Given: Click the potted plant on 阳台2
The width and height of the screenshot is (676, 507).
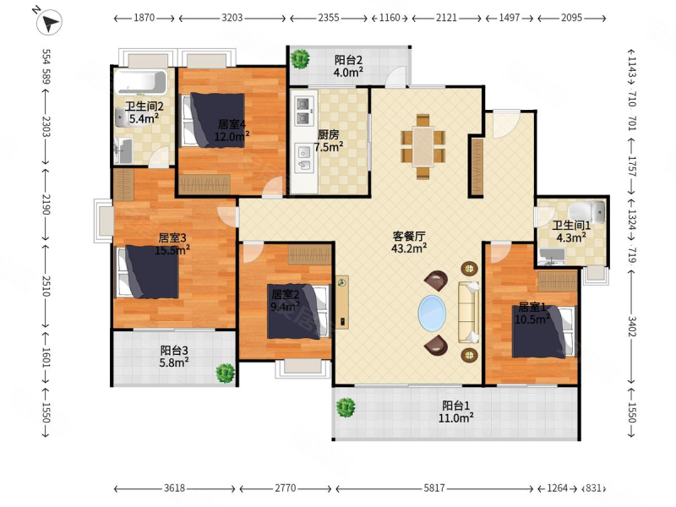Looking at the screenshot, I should (x=299, y=60).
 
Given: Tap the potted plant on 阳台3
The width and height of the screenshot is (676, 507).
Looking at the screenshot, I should (x=225, y=372).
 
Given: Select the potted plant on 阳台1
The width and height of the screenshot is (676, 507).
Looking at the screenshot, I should (x=344, y=408).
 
